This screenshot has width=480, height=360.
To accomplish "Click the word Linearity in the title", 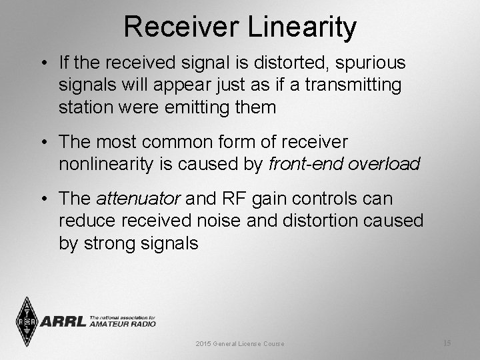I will click(304, 27).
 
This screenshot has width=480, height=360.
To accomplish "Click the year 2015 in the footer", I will click(203, 343).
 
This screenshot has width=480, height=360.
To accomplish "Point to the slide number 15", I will click(447, 343).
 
